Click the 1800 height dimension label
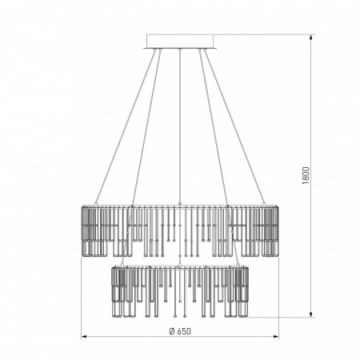306,175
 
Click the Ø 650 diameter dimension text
180,331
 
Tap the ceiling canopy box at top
180,42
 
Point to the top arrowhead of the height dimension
311,38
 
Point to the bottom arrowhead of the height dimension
311,314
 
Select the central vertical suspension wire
180,126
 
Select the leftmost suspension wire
126,126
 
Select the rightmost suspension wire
234,126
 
